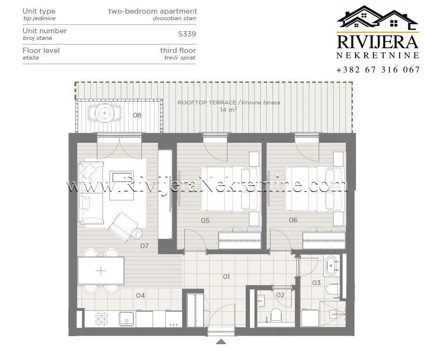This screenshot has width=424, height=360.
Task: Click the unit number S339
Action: [x=187, y=34]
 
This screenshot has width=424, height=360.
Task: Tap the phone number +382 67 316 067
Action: [x=378, y=70]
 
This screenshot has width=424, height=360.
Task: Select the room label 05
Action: [x=205, y=220]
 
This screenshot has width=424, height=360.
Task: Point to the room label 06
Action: [x=293, y=220]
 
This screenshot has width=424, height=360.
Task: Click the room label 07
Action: [x=144, y=245]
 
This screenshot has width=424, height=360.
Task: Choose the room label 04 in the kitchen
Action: [x=140, y=295]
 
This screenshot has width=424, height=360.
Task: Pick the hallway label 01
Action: [x=226, y=277]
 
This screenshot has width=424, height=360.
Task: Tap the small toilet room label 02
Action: [x=280, y=295]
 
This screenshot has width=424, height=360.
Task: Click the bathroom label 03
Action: [x=316, y=283]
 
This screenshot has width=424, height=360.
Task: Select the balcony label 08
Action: [x=137, y=115]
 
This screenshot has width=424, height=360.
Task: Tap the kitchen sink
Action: [x=125, y=320]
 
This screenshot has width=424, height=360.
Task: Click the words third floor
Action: [x=178, y=50]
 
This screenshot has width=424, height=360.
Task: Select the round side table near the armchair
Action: [x=136, y=234]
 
